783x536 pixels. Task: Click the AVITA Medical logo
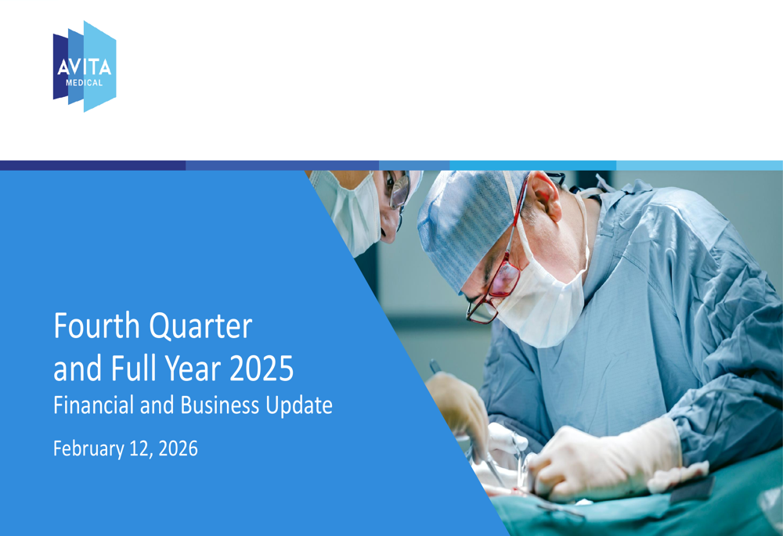point(85,67)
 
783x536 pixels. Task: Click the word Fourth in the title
point(97,326)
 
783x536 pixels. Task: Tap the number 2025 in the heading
point(262,369)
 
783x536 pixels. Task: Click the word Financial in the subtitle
point(94,405)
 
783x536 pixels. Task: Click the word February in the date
point(88,448)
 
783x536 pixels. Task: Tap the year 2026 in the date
point(178,448)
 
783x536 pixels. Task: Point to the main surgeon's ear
point(545,196)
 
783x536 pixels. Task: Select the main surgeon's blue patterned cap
point(469,225)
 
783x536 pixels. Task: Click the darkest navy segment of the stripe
point(93,166)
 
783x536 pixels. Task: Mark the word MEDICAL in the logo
point(84,83)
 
